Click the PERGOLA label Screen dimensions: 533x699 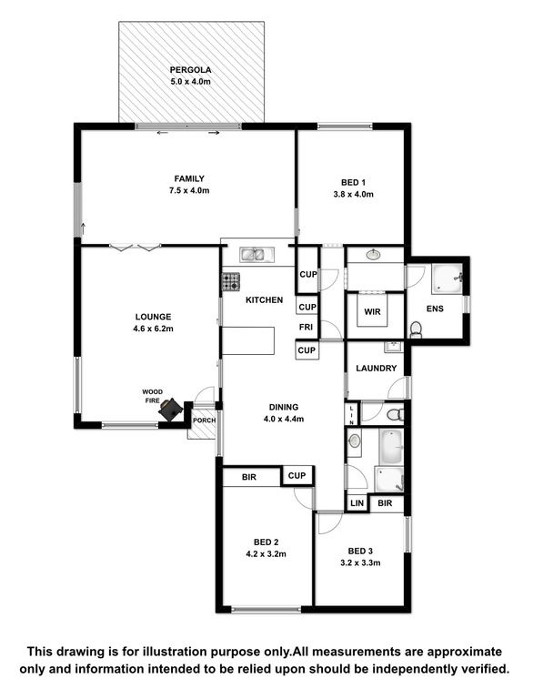click(x=190, y=70)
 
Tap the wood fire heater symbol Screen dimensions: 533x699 click(x=171, y=410)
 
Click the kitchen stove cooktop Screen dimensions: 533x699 click(x=231, y=282)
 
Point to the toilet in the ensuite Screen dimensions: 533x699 click(x=415, y=329)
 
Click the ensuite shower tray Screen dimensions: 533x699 click(x=447, y=279)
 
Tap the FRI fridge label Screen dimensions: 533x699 click(x=306, y=327)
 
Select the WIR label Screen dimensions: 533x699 click(x=372, y=311)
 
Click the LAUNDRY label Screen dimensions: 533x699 click(x=377, y=369)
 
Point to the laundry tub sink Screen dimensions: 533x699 click(x=394, y=347)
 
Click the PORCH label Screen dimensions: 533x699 click(x=204, y=420)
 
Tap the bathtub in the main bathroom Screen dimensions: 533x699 click(x=391, y=447)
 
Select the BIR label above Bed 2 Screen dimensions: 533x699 click(x=249, y=477)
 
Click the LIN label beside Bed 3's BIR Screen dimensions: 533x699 click(x=357, y=503)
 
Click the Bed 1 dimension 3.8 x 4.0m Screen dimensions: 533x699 click(x=354, y=195)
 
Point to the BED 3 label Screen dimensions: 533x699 click(x=360, y=551)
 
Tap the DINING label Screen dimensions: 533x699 click(x=284, y=407)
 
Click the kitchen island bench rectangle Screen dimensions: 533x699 click(x=248, y=340)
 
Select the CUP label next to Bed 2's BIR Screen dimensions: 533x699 click(x=297, y=476)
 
